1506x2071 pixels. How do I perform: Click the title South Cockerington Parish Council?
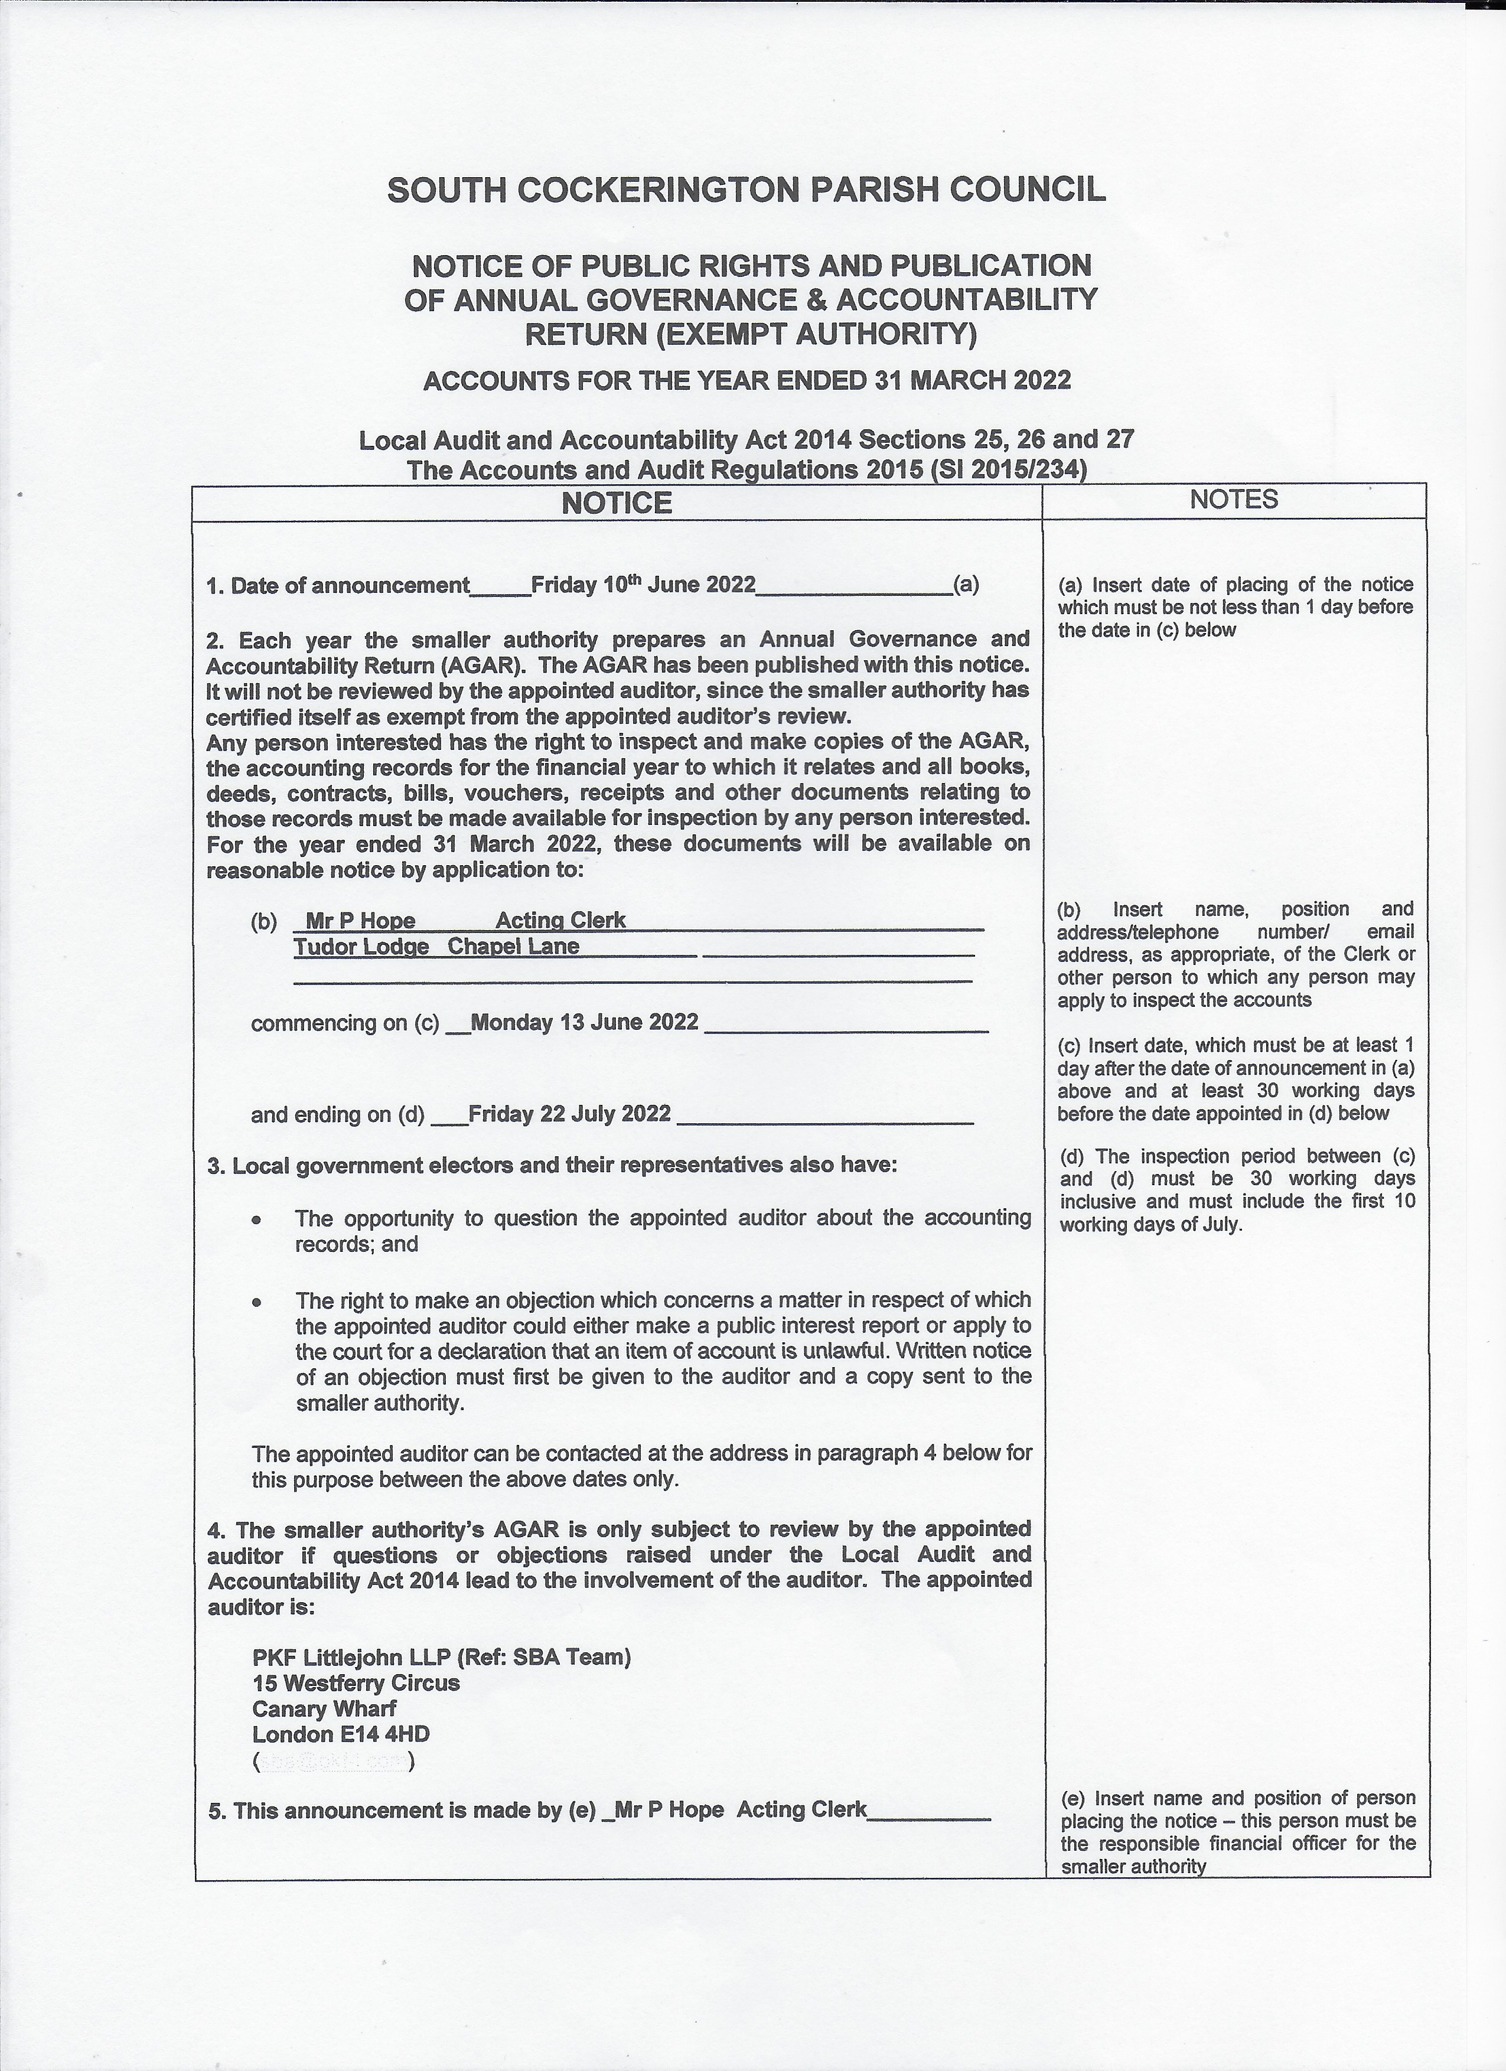(x=746, y=190)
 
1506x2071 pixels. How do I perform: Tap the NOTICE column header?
(x=617, y=503)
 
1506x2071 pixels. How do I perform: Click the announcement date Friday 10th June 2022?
(x=643, y=585)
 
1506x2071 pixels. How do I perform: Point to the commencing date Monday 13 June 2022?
(x=585, y=1022)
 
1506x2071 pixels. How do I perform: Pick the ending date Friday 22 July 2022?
(x=569, y=1114)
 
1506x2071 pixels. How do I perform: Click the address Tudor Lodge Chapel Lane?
(x=436, y=947)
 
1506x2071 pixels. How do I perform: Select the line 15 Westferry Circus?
(x=356, y=1683)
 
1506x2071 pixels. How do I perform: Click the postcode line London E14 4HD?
(x=341, y=1734)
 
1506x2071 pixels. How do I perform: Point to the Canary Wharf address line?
(x=324, y=1708)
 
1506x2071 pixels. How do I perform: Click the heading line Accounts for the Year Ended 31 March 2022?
(x=746, y=381)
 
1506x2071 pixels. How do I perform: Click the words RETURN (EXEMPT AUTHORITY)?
(x=750, y=335)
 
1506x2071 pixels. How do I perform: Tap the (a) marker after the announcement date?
(x=966, y=585)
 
